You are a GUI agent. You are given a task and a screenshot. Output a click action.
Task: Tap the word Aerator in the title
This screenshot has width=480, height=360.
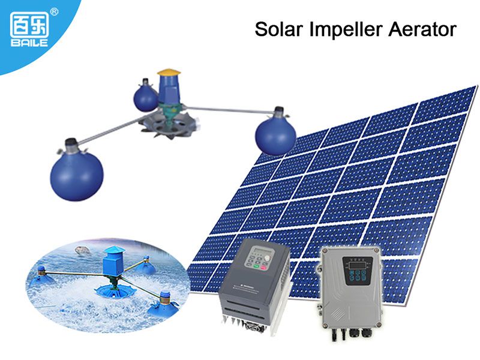coord(422,29)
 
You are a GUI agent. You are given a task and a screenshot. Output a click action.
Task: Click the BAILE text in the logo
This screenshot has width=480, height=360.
coord(29,43)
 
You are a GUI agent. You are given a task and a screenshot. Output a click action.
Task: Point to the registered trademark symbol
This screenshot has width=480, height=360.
coord(54,11)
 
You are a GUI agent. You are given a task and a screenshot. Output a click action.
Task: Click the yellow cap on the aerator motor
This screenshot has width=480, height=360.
coord(169,72)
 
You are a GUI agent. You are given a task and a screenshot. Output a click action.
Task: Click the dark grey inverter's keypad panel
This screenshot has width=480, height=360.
coord(259,258)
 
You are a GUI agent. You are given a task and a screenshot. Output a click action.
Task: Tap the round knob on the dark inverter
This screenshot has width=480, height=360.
coord(267,259)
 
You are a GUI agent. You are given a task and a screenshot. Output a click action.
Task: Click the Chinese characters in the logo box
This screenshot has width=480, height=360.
coord(29,25)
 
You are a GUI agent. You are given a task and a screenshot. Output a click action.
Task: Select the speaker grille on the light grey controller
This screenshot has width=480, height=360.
coord(337,312)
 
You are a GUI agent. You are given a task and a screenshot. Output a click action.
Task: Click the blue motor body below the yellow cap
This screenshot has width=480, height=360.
coord(168,88)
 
